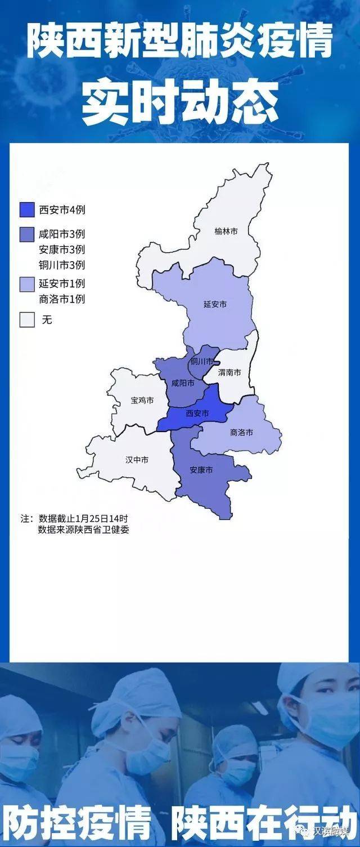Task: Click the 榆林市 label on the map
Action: tap(226, 231)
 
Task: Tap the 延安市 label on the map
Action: tap(215, 304)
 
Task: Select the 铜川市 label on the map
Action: tap(201, 361)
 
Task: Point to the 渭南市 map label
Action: tap(229, 373)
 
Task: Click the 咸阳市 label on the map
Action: tap(183, 383)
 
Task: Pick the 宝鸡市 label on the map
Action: tap(142, 400)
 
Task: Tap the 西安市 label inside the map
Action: tap(197, 413)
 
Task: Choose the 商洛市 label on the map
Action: tap(241, 432)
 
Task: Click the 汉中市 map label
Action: tap(137, 460)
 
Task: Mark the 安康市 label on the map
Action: tap(201, 469)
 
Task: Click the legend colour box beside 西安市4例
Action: tap(28, 210)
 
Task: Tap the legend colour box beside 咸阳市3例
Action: tap(28, 234)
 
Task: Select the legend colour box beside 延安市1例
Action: tap(28, 284)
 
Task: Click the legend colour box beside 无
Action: tap(28, 320)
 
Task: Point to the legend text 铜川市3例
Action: tap(62, 265)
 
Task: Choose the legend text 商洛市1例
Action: tap(62, 299)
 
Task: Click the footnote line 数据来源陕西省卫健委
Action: tap(83, 530)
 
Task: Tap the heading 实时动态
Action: tap(180, 104)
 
